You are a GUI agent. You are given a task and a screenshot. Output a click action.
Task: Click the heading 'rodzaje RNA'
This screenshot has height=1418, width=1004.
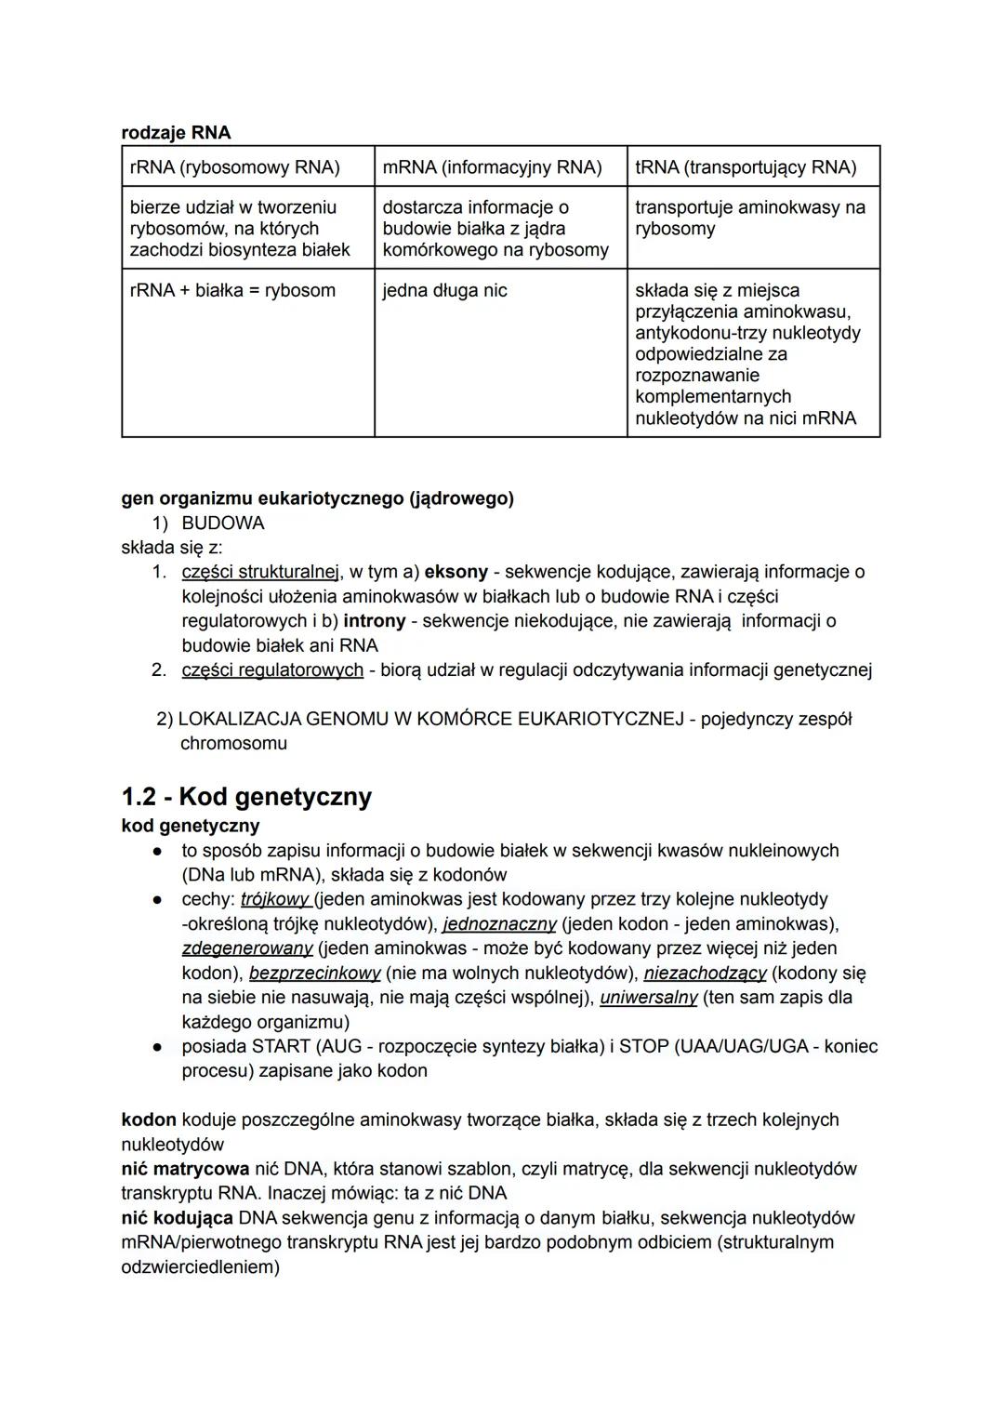176,132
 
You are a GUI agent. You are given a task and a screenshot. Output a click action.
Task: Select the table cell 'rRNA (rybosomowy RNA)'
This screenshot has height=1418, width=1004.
234,167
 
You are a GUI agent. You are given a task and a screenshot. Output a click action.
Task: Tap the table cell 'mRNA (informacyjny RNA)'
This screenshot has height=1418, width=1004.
492,167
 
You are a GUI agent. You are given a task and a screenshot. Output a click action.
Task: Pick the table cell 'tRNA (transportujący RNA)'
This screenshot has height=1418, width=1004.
746,167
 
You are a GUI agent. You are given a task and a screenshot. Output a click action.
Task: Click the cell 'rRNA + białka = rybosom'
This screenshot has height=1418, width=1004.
232,290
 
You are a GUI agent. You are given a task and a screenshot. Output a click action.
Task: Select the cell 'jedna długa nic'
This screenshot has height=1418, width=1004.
444,290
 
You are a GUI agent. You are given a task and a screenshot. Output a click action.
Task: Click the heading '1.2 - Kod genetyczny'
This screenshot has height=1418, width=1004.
246,797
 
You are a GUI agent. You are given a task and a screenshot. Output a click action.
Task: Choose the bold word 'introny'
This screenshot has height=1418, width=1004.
375,620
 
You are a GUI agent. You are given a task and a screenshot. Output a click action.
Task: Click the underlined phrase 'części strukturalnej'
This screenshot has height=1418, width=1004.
261,572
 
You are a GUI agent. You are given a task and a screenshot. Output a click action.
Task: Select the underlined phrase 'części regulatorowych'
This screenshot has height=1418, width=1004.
272,669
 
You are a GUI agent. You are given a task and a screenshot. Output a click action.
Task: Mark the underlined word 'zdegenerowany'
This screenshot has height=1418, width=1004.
246,948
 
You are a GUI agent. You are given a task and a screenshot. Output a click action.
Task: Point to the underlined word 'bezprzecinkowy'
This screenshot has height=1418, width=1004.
315,973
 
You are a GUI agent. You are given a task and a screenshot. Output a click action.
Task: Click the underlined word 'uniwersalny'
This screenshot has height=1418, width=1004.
649,998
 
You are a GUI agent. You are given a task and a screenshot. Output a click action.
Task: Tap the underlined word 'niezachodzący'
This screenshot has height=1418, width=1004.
705,973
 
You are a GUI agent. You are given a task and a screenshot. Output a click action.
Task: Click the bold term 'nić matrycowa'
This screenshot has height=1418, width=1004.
185,1169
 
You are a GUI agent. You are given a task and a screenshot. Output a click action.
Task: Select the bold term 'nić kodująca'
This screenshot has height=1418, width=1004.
177,1218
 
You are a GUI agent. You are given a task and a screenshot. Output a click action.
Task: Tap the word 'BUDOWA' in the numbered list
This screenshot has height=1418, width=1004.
223,523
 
